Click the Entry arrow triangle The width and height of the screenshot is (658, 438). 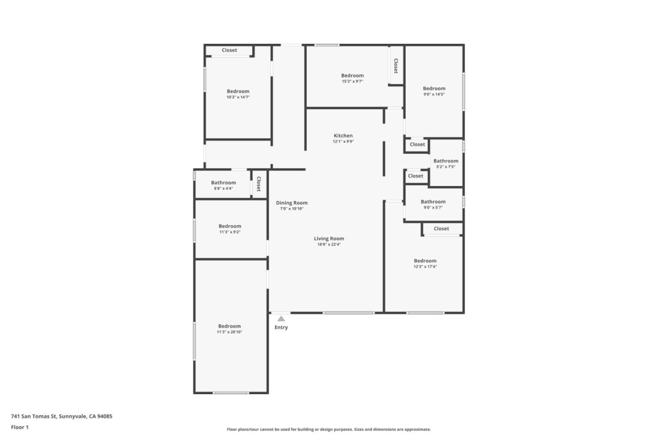[x=281, y=318]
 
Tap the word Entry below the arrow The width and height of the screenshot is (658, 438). [x=281, y=328]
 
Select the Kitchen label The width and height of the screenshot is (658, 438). [x=343, y=136]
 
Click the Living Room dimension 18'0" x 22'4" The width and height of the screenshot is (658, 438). [x=329, y=245]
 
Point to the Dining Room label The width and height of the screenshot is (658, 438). [x=292, y=203]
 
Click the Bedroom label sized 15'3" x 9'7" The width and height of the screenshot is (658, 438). [x=352, y=75]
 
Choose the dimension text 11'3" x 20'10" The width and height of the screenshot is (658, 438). [x=229, y=332]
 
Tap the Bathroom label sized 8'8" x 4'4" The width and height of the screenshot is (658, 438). [x=223, y=182]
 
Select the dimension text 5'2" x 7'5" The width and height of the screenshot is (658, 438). [x=446, y=167]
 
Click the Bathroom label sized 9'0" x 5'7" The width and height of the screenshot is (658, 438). [x=433, y=202]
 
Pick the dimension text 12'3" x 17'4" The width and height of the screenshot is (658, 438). [x=425, y=266]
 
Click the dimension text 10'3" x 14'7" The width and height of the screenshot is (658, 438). [x=238, y=97]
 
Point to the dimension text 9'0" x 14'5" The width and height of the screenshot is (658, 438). [x=434, y=94]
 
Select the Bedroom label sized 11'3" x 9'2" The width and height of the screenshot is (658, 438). [x=230, y=226]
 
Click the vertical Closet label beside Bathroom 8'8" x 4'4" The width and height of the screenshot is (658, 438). [x=259, y=184]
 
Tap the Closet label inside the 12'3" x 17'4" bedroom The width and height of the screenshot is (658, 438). [x=441, y=229]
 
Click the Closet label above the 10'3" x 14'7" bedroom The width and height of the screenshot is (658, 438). [x=229, y=50]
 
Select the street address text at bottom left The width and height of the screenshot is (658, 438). [x=62, y=416]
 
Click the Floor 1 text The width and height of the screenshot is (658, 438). [x=20, y=427]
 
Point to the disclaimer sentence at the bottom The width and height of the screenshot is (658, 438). [x=329, y=429]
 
